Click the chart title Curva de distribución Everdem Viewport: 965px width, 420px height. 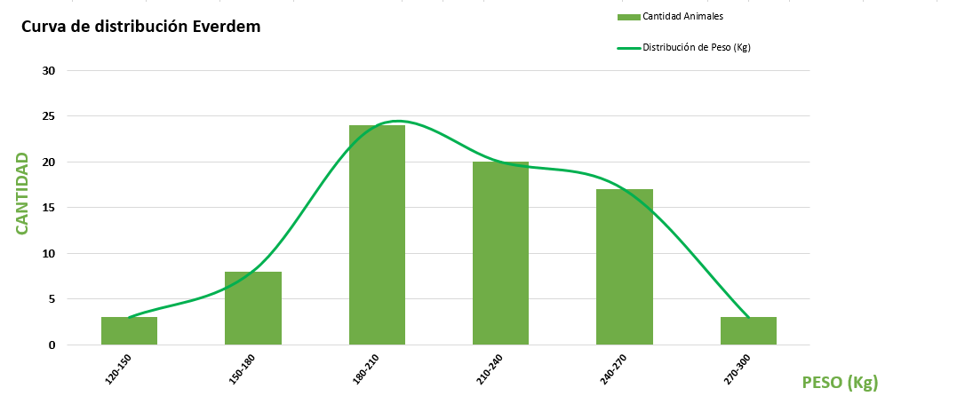click(140, 27)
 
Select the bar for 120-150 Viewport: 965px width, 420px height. click(129, 330)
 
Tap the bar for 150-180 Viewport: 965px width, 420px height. click(253, 308)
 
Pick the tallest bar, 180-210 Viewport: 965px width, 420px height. click(377, 234)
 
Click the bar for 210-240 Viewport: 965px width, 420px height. click(500, 253)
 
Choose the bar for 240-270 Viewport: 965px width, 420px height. click(624, 266)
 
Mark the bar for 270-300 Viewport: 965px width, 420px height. click(748, 330)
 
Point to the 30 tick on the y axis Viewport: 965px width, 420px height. click(50, 70)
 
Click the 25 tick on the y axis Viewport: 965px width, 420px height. click(50, 116)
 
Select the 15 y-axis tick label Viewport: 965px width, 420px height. click(50, 208)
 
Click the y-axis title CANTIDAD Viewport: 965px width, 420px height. click(22, 193)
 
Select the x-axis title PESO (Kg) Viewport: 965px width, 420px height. click(840, 383)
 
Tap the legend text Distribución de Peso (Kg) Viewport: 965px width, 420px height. click(697, 48)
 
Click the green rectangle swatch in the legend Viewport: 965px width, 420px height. click(628, 17)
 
